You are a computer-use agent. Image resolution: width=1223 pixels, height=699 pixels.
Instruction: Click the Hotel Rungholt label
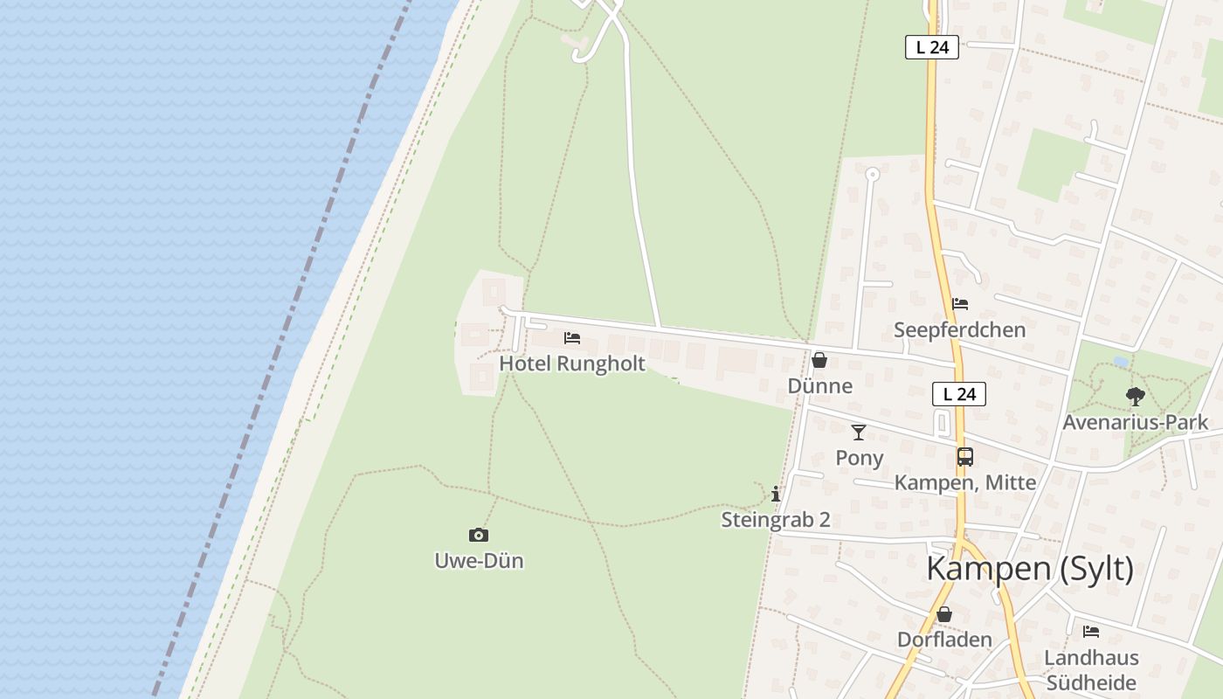[572, 363]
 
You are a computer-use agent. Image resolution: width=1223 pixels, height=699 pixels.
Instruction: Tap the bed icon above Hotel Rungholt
[572, 337]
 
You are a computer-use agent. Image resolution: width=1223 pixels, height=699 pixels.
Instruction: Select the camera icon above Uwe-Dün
[479, 535]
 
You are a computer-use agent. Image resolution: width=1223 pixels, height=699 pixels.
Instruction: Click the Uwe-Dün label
[479, 560]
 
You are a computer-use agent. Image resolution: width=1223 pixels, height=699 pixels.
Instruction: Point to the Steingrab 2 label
[775, 520]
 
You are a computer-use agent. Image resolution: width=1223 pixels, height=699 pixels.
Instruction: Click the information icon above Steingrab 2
[776, 494]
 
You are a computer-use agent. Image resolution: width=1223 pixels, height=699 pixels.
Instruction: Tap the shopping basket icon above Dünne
[819, 360]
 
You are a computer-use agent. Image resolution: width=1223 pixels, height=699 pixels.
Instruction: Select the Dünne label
[819, 385]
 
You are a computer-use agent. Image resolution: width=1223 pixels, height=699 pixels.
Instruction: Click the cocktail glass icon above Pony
[859, 432]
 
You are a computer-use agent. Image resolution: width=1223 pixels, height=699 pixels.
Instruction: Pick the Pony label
[859, 458]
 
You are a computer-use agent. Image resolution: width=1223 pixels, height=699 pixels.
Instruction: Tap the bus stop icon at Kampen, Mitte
[964, 456]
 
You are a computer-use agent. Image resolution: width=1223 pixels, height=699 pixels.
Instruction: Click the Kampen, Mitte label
[964, 482]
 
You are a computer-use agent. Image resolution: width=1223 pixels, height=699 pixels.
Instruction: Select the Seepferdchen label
[959, 330]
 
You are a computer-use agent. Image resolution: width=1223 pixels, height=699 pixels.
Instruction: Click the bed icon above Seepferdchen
[960, 304]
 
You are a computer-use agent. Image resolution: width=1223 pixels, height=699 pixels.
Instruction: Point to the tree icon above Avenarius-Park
[1135, 397]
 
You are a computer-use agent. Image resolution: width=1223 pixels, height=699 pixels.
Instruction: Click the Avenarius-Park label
[1135, 423]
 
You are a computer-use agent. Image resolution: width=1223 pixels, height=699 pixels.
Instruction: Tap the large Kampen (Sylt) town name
[1029, 569]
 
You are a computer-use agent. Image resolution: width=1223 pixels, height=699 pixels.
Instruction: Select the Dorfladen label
[944, 640]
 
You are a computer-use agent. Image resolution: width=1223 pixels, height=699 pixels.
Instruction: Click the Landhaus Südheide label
[1090, 670]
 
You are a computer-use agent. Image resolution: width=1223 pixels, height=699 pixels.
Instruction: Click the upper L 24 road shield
[932, 47]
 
